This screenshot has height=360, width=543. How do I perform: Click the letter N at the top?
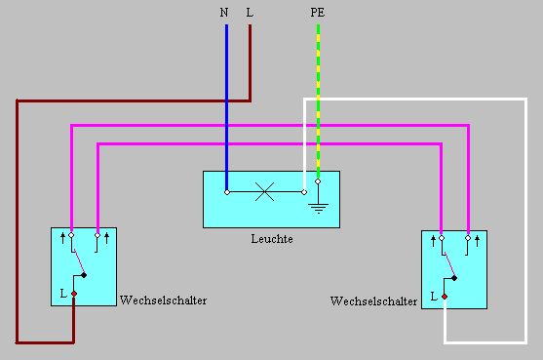coord(224,14)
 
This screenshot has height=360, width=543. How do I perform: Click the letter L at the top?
coord(251,14)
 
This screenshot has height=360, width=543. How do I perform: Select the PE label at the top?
coord(318,14)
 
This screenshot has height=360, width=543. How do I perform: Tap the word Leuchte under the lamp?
coord(271,239)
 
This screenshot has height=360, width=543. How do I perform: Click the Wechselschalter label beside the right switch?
coord(374,301)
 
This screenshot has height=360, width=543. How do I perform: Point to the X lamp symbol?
coord(264,192)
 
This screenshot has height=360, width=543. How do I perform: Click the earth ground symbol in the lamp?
coord(318,207)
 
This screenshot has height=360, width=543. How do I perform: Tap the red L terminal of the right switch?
coord(444,296)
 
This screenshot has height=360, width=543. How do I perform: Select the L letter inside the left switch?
coord(62,292)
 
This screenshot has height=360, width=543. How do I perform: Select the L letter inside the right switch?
coord(433,296)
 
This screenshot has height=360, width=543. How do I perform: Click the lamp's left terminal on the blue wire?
coord(226,192)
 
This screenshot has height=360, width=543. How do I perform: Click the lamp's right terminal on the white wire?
coord(304,192)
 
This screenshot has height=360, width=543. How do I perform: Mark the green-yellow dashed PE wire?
coord(318,98)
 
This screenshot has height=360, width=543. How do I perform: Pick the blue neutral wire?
coord(226,107)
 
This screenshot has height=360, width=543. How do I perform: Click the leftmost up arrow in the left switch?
coord(62,236)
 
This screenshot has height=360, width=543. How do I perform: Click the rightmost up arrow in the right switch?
coord(478,239)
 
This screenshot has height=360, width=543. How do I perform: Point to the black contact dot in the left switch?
coord(85,275)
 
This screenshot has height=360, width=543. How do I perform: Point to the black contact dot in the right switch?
coord(456,278)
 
